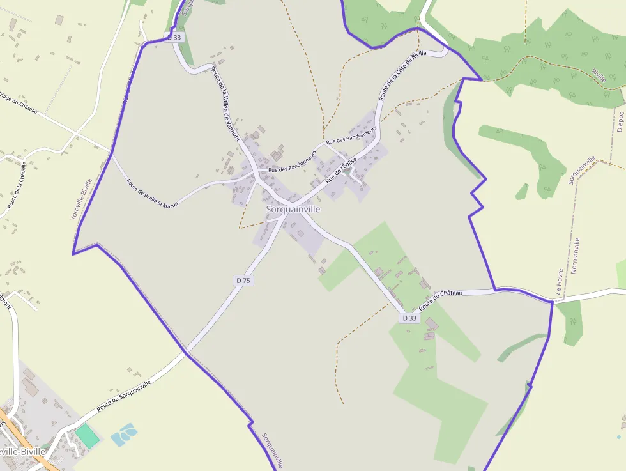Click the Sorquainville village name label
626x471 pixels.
click(293, 209)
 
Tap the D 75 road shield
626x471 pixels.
click(243, 280)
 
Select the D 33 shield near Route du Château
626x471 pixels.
click(409, 318)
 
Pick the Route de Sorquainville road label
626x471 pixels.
click(124, 396)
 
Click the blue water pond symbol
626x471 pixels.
click(124, 435)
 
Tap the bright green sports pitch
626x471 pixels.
click(88, 436)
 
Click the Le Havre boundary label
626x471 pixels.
click(559, 281)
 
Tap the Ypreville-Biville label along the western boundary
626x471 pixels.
click(81, 199)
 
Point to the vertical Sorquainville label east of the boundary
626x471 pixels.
click(581, 170)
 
